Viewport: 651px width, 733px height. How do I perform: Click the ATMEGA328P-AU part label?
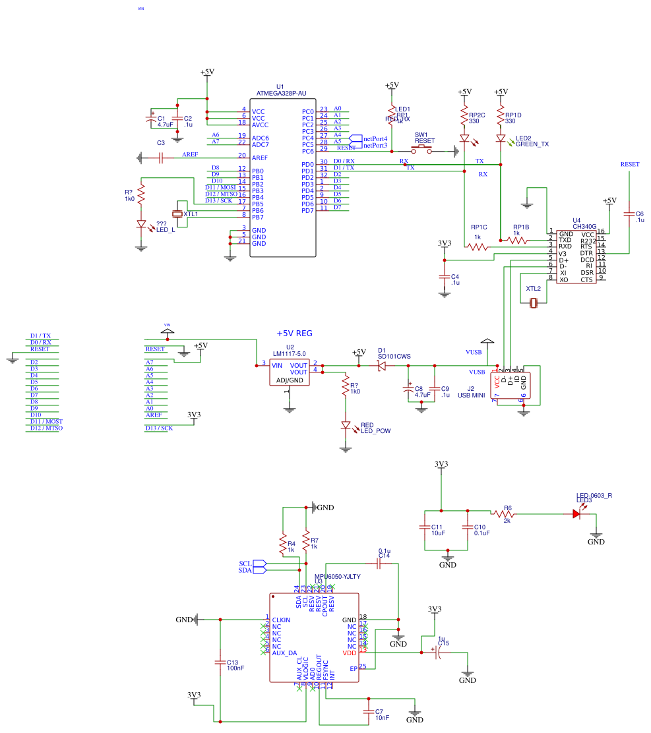(x=280, y=94)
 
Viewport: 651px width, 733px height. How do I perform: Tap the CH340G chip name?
(x=584, y=226)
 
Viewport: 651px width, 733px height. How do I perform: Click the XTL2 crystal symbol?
(x=534, y=303)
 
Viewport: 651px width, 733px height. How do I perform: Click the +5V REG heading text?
(x=294, y=334)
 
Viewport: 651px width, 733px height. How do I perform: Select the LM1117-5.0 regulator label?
(x=290, y=354)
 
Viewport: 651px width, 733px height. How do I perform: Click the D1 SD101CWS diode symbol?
(x=381, y=365)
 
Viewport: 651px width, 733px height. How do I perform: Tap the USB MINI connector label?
(x=471, y=395)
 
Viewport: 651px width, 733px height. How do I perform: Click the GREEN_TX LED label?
(x=532, y=144)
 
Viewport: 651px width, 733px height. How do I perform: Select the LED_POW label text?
(x=375, y=431)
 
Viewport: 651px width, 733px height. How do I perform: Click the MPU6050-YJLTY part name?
(x=337, y=576)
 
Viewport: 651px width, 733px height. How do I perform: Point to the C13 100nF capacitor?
(x=220, y=660)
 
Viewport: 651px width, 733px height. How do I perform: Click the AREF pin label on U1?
(x=260, y=158)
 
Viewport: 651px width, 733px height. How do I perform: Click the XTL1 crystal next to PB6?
(x=177, y=214)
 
